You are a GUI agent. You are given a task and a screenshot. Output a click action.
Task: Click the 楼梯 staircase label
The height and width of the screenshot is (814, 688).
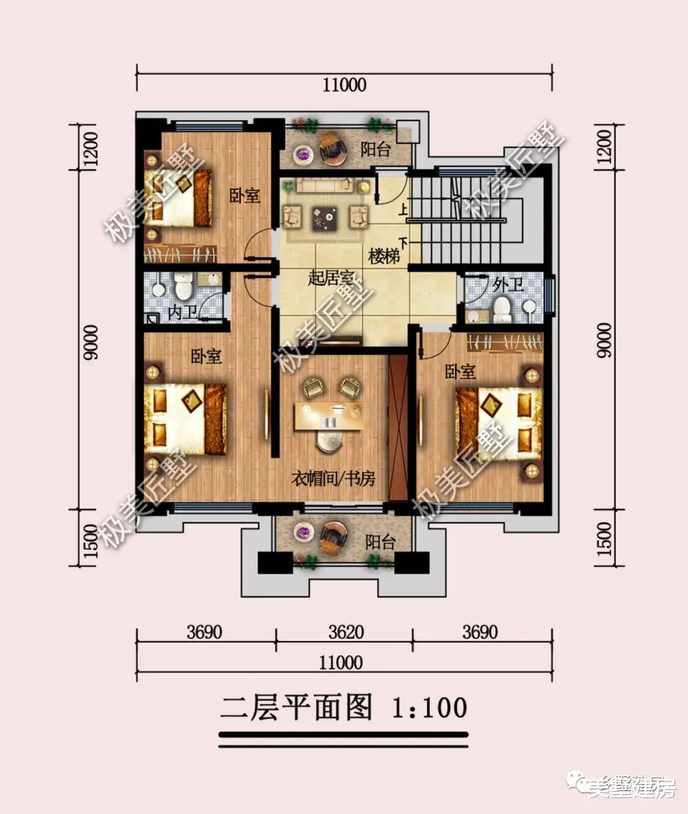pyautogui.click(x=384, y=257)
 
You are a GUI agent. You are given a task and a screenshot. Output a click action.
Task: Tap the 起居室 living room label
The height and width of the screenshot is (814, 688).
pyautogui.click(x=331, y=278)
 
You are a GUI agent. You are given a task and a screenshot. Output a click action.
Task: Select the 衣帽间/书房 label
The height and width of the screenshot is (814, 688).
pyautogui.click(x=333, y=478)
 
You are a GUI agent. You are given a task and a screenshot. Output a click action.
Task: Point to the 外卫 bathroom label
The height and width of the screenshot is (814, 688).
pyautogui.click(x=508, y=284)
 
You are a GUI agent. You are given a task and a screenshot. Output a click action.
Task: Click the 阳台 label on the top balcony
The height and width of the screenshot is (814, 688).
pyautogui.click(x=375, y=149)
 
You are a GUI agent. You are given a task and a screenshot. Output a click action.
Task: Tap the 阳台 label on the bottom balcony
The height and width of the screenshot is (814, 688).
pyautogui.click(x=380, y=542)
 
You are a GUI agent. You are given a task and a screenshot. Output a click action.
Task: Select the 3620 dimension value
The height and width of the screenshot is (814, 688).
pyautogui.click(x=346, y=632)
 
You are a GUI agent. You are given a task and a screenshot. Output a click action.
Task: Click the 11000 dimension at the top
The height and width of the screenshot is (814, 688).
pyautogui.click(x=344, y=85)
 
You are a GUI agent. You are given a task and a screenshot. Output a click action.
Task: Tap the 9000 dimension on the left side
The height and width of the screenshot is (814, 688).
pyautogui.click(x=90, y=343)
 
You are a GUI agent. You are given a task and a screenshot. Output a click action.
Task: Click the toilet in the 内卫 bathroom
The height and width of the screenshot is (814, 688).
pyautogui.click(x=184, y=287)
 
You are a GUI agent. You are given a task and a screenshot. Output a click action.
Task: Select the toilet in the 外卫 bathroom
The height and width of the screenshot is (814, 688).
pyautogui.click(x=502, y=309)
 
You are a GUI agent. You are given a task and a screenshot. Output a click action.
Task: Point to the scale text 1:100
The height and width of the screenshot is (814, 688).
pyautogui.click(x=429, y=708)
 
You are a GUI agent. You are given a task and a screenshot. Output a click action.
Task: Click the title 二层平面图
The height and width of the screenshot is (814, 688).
pyautogui.click(x=296, y=708)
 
